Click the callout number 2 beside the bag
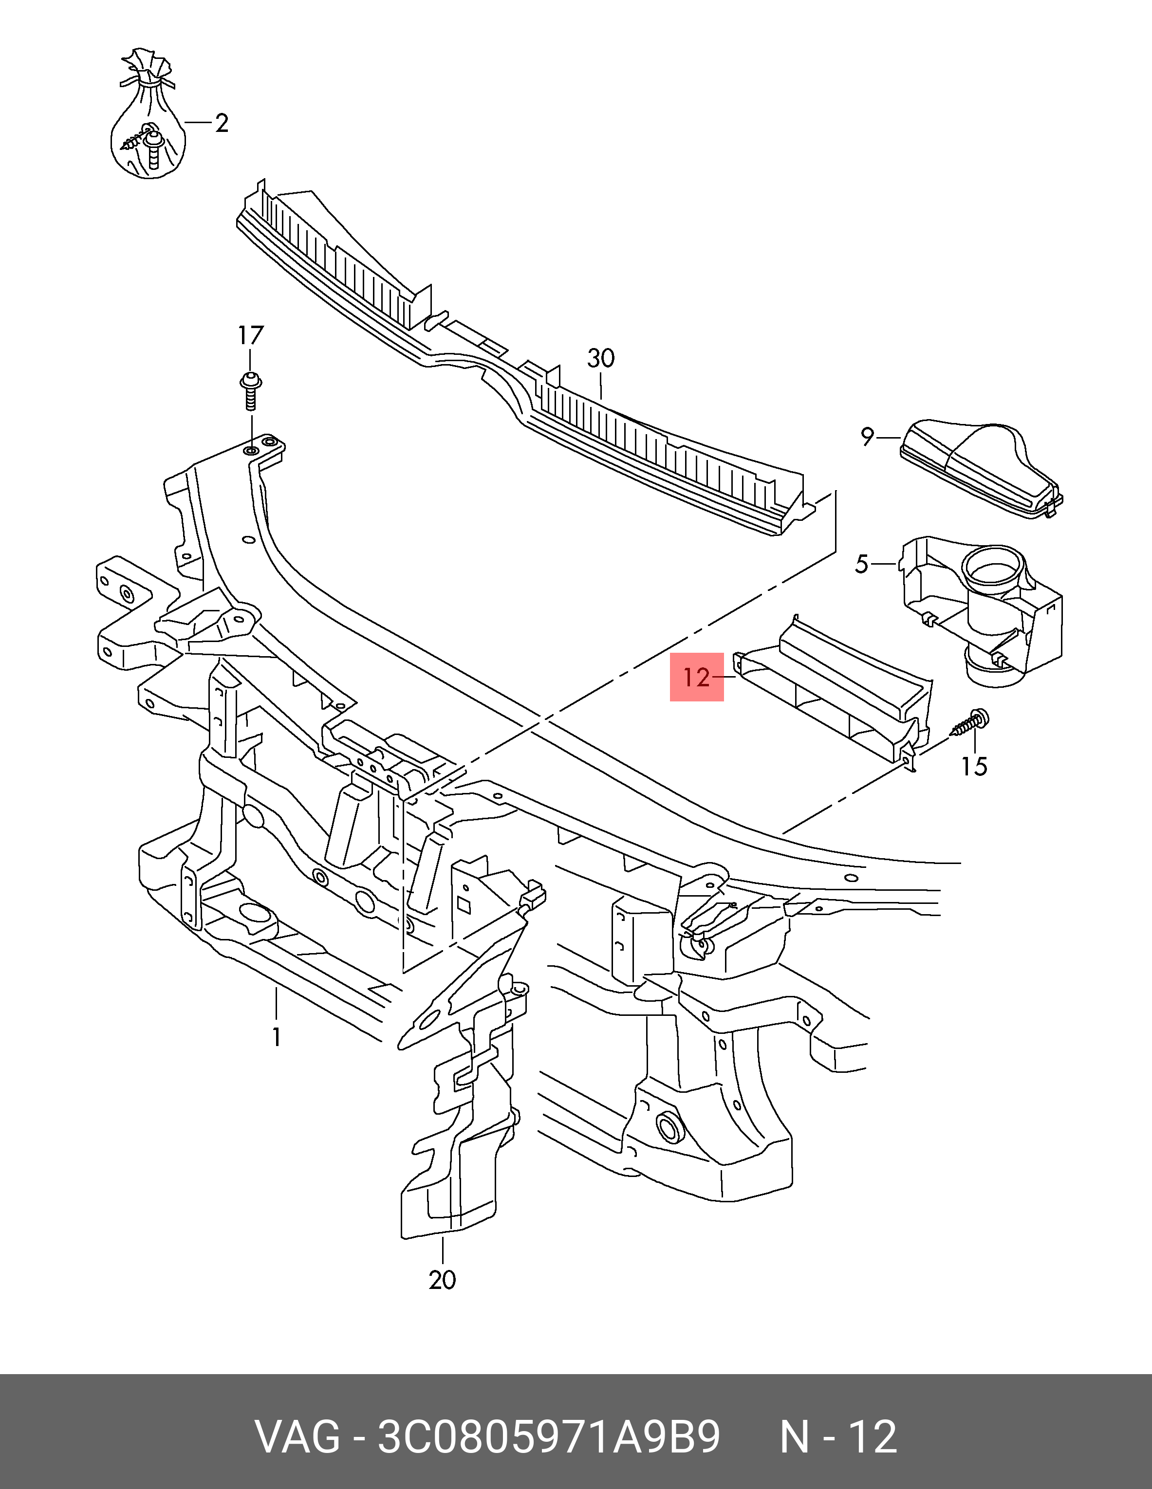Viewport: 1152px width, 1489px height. (x=221, y=124)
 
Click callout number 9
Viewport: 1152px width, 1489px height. (x=867, y=436)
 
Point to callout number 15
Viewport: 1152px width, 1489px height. (x=974, y=767)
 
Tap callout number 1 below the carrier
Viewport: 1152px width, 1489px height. (x=276, y=1037)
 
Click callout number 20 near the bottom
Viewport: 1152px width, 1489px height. (x=442, y=1280)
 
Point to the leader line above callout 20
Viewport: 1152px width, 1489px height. (x=442, y=1251)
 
